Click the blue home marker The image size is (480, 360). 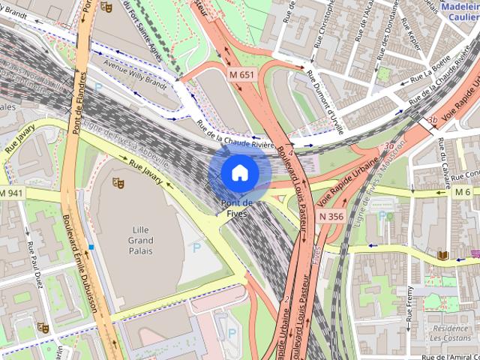(x=238, y=172)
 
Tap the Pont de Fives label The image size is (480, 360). (x=238, y=208)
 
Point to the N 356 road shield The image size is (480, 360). (x=331, y=216)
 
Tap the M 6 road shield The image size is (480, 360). (x=462, y=193)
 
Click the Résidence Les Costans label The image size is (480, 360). (x=450, y=334)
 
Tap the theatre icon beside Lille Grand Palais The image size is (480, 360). (x=117, y=182)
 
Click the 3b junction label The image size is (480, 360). (x=431, y=120)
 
